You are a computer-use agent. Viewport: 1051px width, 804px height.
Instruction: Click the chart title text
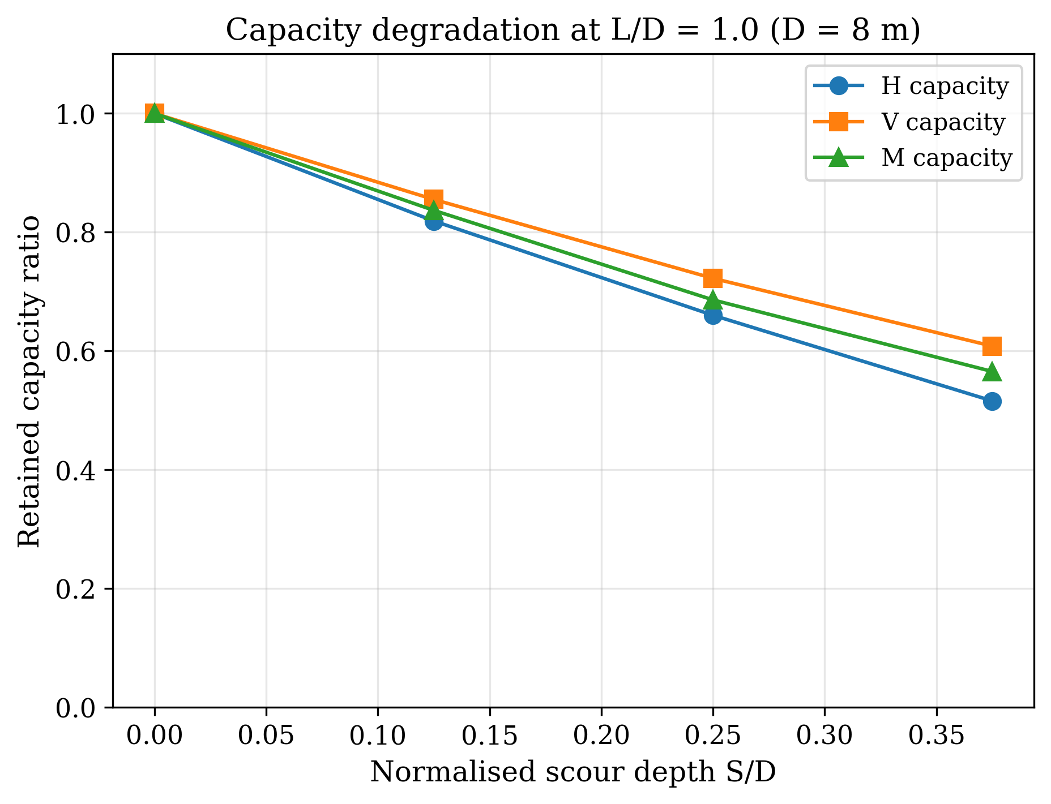573,31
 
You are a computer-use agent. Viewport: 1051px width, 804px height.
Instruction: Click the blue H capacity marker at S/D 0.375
992,401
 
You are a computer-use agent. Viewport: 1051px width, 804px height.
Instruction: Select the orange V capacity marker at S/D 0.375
992,346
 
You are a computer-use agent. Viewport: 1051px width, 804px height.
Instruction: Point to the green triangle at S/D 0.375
992,372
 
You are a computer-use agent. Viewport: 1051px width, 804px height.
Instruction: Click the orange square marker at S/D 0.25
713,278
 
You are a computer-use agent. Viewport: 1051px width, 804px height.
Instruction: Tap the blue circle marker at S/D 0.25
713,315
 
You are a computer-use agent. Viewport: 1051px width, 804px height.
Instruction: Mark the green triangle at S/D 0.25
713,300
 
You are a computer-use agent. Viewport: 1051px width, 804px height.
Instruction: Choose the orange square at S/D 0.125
434,199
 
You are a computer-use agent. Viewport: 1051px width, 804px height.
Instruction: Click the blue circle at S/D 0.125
434,222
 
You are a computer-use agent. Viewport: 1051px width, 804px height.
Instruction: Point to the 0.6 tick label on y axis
76,352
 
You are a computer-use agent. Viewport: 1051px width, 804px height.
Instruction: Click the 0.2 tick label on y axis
76,589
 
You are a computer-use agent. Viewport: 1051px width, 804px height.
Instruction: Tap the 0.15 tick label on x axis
489,736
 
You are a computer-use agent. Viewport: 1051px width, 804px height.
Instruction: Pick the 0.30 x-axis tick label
824,736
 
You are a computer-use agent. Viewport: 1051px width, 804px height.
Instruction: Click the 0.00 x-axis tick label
154,736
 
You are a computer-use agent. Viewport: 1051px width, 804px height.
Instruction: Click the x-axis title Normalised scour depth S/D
573,772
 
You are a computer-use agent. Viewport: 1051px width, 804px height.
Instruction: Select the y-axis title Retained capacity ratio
29,381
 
